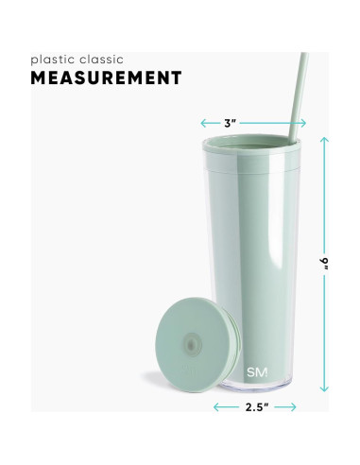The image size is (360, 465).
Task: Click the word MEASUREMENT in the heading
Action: click(x=106, y=77)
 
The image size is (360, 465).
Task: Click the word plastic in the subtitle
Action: click(x=53, y=60)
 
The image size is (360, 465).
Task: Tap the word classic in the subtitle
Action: click(x=101, y=60)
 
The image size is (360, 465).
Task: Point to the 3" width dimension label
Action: click(x=230, y=123)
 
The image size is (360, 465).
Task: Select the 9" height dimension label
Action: click(x=324, y=264)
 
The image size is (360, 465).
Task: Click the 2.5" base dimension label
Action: click(x=257, y=407)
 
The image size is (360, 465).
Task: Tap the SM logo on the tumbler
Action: click(x=257, y=372)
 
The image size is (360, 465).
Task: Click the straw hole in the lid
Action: click(x=191, y=346)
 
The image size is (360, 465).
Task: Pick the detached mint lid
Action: click(x=197, y=345)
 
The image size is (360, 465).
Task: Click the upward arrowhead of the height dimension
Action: click(x=324, y=140)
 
